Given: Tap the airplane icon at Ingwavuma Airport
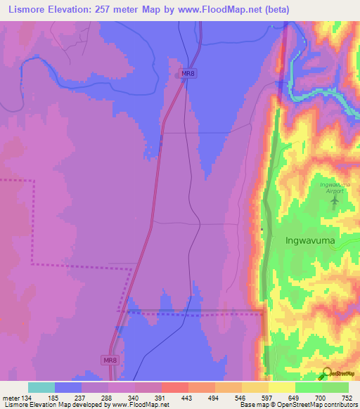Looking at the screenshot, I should click(335, 201).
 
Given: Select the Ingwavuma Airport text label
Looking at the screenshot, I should click(333, 188).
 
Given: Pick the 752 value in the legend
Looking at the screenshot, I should click(348, 397).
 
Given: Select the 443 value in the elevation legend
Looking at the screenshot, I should click(188, 397).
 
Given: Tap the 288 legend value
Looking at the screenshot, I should click(108, 397).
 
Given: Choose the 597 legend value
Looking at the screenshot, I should click(268, 397).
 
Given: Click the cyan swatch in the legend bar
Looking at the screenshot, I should click(41, 387).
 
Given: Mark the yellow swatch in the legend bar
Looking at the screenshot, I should click(281, 387).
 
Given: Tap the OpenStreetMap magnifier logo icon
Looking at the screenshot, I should click(327, 374).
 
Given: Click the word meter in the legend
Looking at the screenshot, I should click(11, 397).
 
